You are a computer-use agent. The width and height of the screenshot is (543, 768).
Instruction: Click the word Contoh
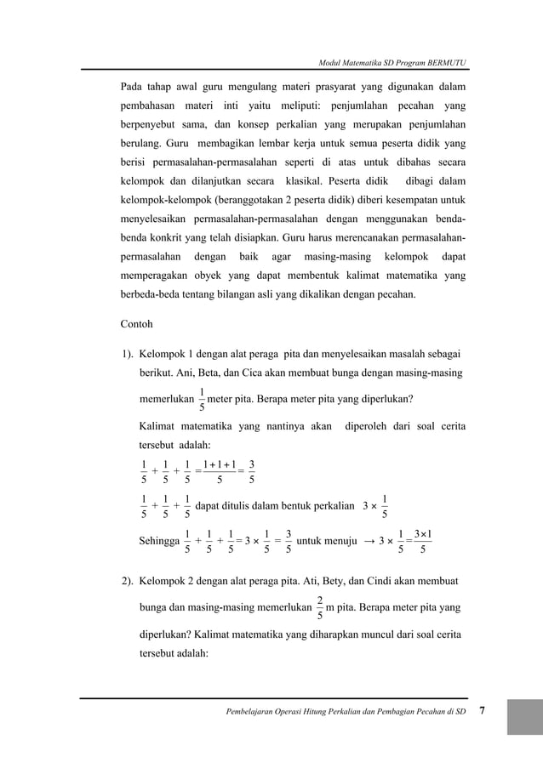click(x=136, y=324)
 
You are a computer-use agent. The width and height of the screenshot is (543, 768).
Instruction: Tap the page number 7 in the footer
click(x=483, y=710)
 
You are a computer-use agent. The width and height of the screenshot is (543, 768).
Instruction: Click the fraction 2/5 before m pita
click(x=318, y=607)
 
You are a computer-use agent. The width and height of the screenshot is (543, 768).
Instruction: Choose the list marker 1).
click(x=126, y=353)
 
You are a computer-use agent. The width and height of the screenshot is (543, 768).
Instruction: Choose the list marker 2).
click(x=126, y=581)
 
